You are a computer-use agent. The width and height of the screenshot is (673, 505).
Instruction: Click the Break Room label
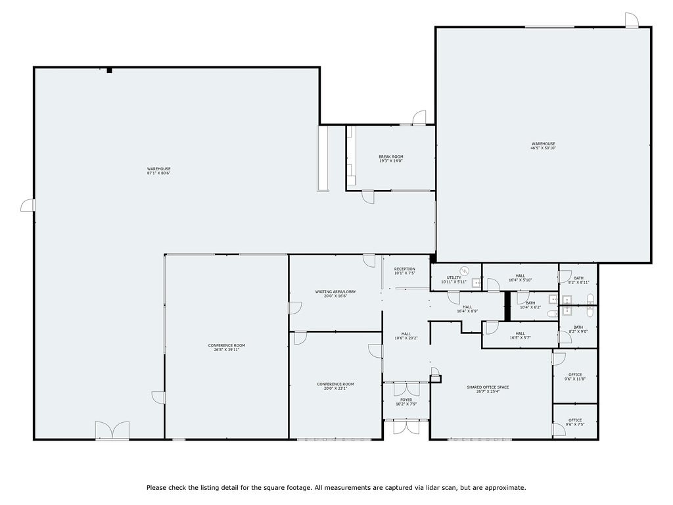390,158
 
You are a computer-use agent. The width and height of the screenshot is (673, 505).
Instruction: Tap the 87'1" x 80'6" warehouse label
158,171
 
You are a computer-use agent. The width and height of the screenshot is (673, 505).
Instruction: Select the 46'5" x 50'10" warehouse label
543,146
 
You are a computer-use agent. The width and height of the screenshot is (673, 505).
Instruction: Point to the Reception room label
404,271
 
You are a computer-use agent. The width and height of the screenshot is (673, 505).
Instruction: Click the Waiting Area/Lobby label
335,294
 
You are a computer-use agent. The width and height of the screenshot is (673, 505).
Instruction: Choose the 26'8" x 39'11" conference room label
226,347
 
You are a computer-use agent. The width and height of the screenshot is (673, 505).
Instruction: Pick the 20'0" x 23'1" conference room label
335,386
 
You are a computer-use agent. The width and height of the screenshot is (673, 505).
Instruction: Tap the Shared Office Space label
488,389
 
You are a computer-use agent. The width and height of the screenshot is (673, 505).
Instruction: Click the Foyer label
406,402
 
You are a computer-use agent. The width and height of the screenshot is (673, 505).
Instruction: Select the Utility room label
453,279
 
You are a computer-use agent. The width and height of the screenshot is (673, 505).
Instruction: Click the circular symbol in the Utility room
465,270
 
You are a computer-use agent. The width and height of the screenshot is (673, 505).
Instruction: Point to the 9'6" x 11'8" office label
575,377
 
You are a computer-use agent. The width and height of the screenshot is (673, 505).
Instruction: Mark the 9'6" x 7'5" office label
575,422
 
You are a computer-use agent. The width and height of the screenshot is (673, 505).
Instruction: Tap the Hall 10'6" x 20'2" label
406,336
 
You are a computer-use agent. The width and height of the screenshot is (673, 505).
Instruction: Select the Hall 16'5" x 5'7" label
519,336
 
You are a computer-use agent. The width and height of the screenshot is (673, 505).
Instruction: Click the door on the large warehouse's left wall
28,205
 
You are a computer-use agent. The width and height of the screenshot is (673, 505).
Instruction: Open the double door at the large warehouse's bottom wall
112,431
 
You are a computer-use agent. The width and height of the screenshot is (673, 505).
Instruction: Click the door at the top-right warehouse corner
631,20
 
